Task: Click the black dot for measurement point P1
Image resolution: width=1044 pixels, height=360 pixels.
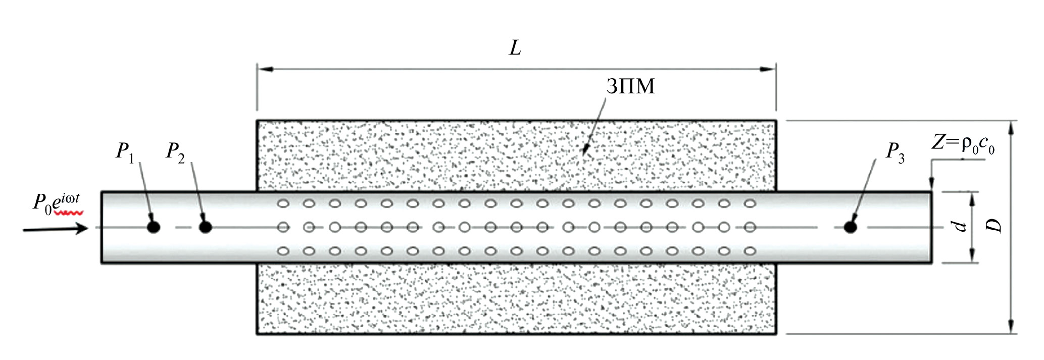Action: pos(154,227)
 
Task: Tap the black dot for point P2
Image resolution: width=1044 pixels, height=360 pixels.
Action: pos(205,227)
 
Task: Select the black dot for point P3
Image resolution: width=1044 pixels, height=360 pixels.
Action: pos(851,227)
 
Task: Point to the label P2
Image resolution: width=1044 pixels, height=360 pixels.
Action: pos(175,151)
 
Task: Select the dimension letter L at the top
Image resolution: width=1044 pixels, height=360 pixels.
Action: pos(515,48)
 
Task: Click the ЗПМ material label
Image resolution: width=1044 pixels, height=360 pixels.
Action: pos(631,86)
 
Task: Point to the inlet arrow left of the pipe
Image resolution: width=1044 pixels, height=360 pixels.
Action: pos(56,229)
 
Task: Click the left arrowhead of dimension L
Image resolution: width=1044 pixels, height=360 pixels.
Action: pos(265,69)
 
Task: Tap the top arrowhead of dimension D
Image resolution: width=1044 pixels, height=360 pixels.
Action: pos(1011,128)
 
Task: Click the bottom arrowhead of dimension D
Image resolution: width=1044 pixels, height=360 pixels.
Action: pos(1011,326)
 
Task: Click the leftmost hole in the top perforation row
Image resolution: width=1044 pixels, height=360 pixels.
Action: pos(283,204)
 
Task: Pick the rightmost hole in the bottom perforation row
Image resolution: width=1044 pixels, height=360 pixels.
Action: pos(750,251)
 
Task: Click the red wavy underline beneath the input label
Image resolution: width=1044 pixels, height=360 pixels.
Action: pos(70,213)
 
